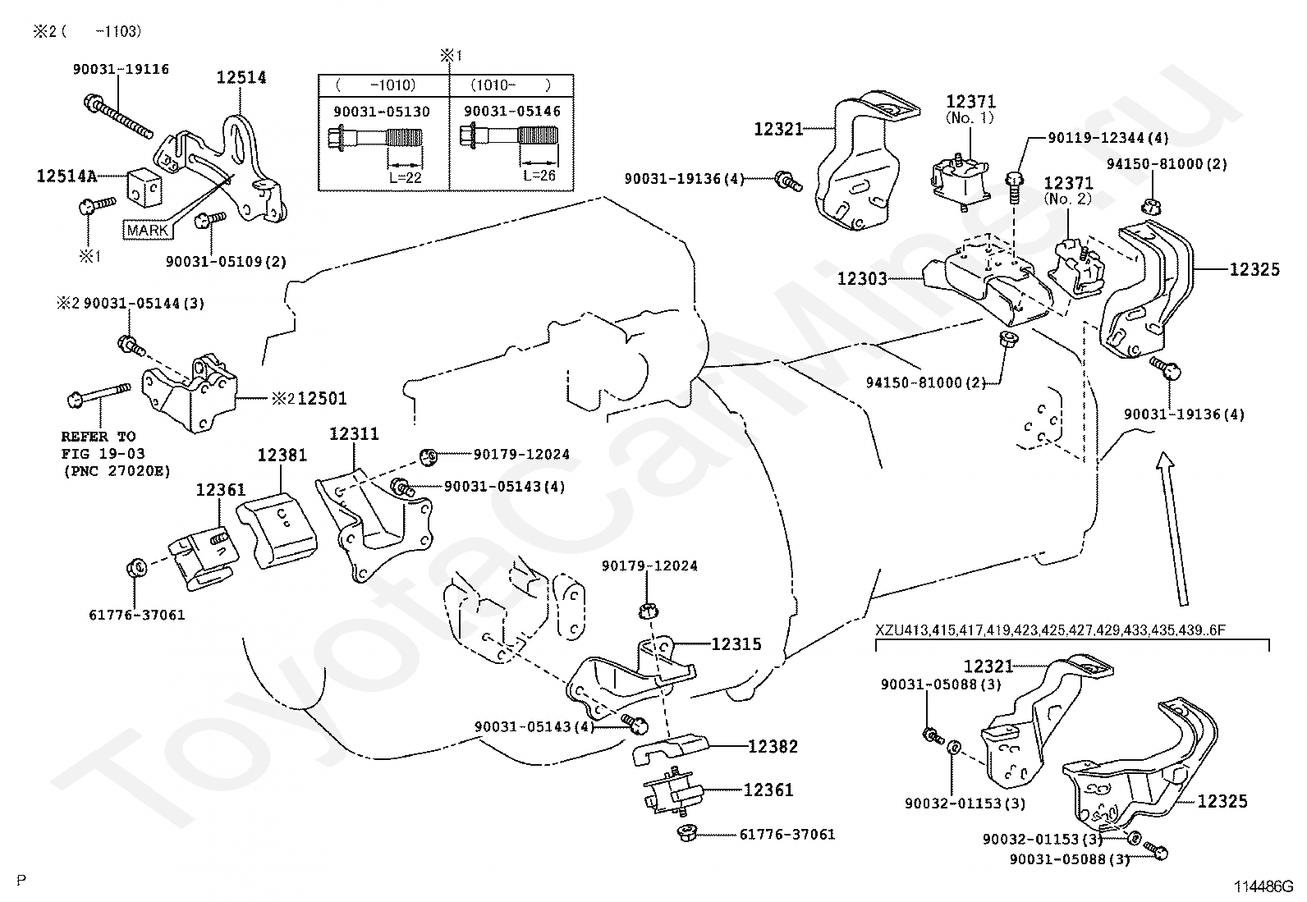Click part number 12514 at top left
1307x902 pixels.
[x=241, y=77]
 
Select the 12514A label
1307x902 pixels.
[x=66, y=175]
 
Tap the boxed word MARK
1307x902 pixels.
[x=147, y=230]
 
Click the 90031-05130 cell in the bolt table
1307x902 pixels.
[x=382, y=111]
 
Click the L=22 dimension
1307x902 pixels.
[x=405, y=176]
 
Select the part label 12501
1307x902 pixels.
[x=322, y=399]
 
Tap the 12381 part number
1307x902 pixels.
[x=282, y=455]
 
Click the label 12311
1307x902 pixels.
[x=354, y=433]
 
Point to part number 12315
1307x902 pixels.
[x=736, y=644]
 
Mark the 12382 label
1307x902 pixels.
[x=773, y=747]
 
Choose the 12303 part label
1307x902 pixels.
[x=862, y=279]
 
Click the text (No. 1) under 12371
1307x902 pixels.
[x=970, y=118]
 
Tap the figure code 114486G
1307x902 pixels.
[x=1263, y=886]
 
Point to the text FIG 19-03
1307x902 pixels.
[x=97, y=454]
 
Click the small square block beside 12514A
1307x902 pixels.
[x=146, y=188]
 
